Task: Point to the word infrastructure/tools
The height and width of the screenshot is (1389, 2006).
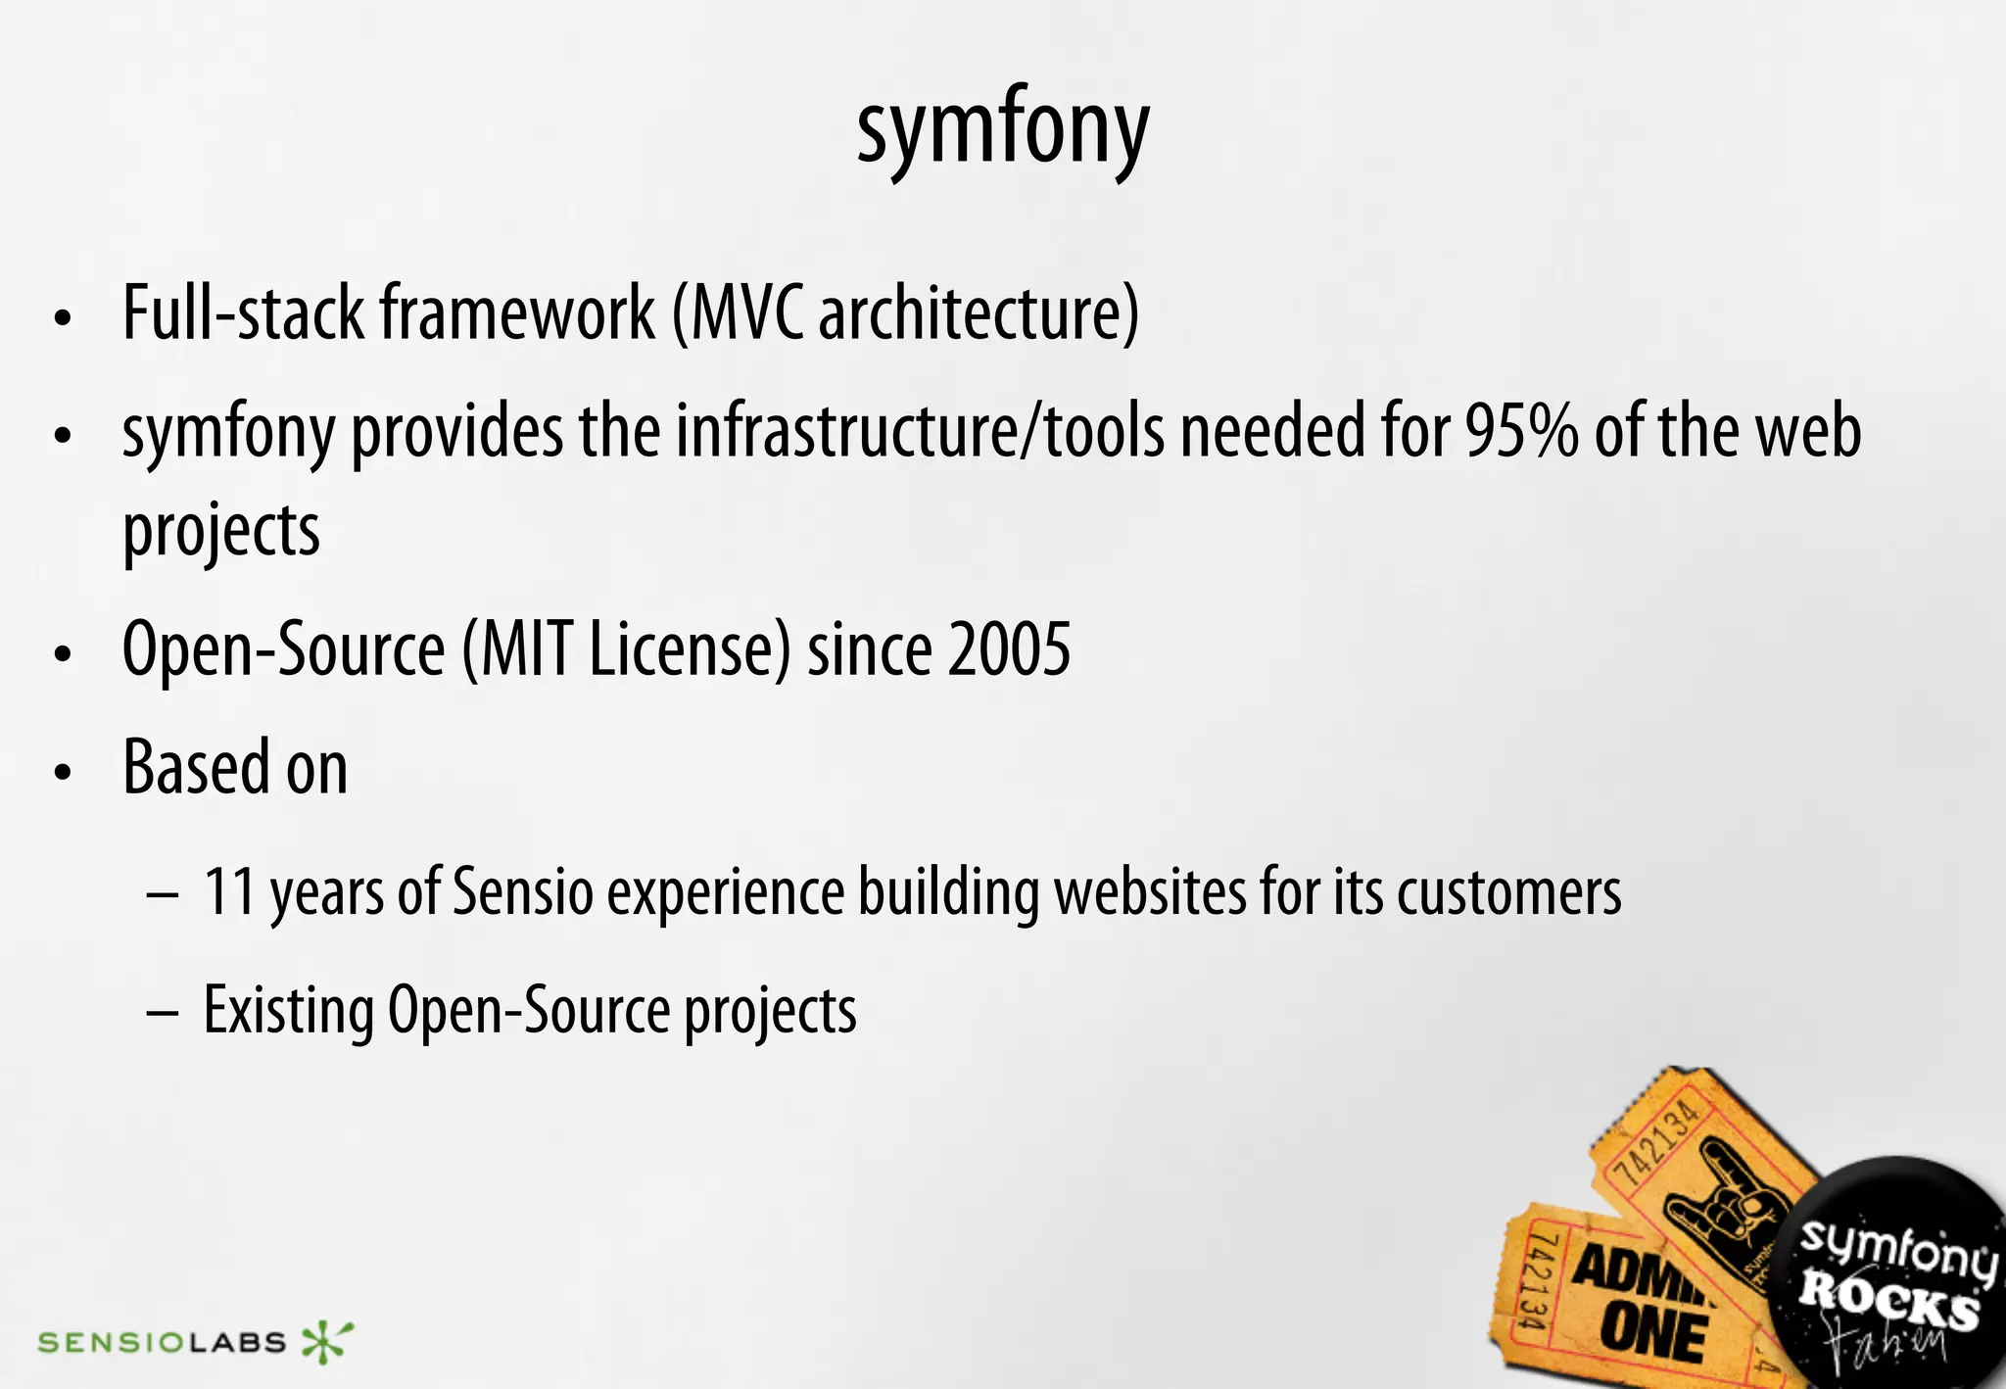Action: click(x=921, y=431)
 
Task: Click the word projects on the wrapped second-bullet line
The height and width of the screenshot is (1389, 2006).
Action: click(x=221, y=532)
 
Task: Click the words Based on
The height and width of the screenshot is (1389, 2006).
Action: click(x=235, y=767)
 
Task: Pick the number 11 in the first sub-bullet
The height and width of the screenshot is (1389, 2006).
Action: click(x=230, y=891)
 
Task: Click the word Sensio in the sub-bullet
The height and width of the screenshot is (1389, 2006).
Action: click(x=524, y=891)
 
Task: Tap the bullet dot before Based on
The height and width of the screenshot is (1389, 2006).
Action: click(x=64, y=772)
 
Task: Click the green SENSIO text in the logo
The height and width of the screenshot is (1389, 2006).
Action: click(x=108, y=1342)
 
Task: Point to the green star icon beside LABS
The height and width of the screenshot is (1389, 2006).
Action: click(x=325, y=1341)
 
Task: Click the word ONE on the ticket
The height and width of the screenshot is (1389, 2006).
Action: click(x=1653, y=1334)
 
